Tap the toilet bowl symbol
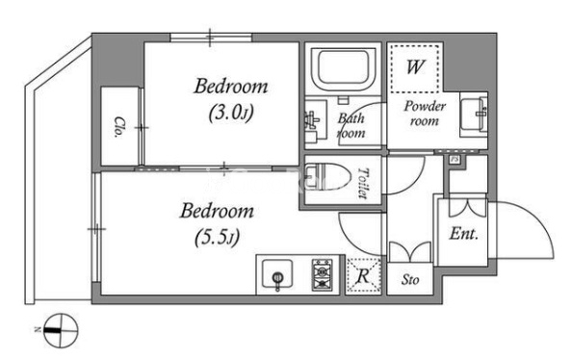326,178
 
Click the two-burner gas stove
323,275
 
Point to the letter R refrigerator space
363,276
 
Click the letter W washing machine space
415,68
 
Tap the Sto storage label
410,279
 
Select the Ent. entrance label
463,233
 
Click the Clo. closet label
118,127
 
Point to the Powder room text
425,114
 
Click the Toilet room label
362,183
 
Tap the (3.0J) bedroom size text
231,114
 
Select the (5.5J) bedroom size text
217,238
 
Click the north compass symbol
61,331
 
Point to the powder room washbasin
474,114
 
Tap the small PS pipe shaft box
454,160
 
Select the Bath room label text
351,125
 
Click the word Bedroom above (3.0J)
231,87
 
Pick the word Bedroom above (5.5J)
217,211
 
